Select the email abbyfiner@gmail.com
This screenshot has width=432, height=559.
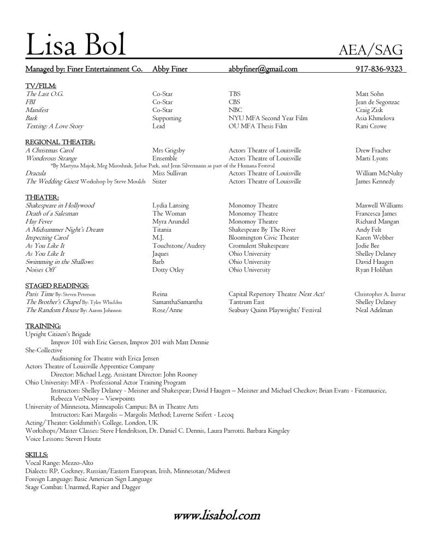click(x=263, y=69)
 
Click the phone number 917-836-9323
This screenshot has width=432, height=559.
click(x=378, y=69)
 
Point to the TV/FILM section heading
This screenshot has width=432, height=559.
click(x=40, y=86)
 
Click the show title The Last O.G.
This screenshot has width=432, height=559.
click(x=44, y=94)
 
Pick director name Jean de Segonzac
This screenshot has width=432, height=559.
click(x=377, y=102)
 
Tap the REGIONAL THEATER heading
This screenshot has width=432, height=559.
click(x=60, y=142)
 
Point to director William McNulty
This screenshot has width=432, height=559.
click(x=379, y=173)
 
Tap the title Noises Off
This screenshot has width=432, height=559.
click(x=40, y=270)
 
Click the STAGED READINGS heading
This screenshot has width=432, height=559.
click(x=57, y=286)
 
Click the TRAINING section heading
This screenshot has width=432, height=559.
click(x=43, y=326)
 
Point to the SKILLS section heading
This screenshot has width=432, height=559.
click(x=37, y=455)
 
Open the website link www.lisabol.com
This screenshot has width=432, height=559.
click(x=216, y=515)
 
